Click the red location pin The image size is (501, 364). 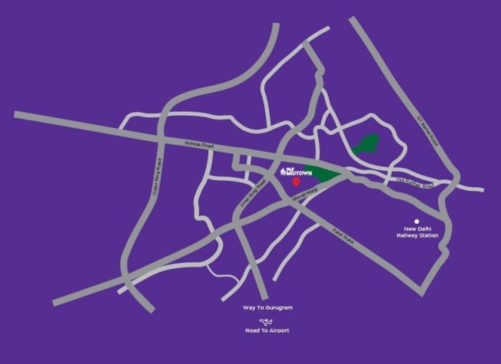[x=296, y=182]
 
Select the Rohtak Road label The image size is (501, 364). [x=199, y=145]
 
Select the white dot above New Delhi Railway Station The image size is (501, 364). [x=417, y=222]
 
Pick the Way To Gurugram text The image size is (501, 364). [x=268, y=308]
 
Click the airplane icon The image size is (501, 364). [x=267, y=321]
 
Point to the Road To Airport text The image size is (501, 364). [x=268, y=331]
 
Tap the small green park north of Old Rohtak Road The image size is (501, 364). [x=366, y=144]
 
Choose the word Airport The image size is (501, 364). [x=279, y=331]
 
